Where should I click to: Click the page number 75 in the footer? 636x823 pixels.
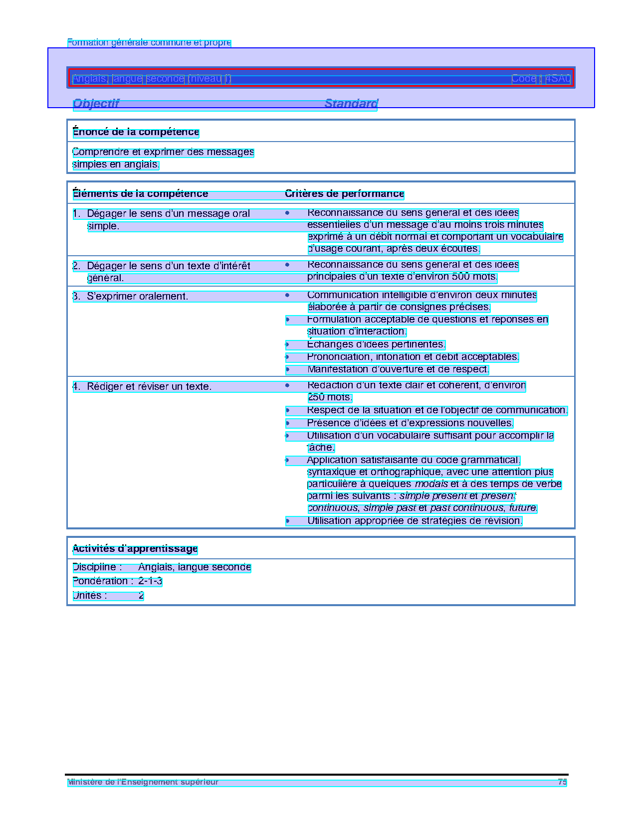tap(562, 782)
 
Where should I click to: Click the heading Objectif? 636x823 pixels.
tap(96, 104)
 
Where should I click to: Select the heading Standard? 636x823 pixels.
tap(351, 104)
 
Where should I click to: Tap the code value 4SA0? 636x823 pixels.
tap(558, 79)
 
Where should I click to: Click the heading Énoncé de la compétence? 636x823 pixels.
tap(136, 132)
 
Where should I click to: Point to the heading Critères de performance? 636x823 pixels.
tap(344, 194)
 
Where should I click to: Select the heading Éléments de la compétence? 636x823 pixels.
tap(140, 194)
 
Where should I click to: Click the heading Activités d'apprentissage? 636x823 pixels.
tap(135, 549)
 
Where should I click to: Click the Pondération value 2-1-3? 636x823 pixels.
tap(150, 581)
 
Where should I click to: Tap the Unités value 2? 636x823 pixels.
tap(141, 596)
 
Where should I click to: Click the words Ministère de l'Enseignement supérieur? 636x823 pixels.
tap(143, 782)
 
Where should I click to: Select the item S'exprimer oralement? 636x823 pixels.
tap(137, 297)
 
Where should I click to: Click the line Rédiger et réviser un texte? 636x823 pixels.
tap(149, 387)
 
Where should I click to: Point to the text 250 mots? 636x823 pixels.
tap(330, 398)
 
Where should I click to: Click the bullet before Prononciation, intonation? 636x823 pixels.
tap(287, 357)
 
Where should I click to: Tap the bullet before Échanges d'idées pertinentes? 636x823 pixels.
tap(287, 344)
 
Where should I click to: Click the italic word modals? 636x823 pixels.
tap(431, 484)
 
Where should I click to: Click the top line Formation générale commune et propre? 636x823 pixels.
tap(149, 43)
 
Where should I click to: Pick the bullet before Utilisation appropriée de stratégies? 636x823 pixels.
tap(287, 521)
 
